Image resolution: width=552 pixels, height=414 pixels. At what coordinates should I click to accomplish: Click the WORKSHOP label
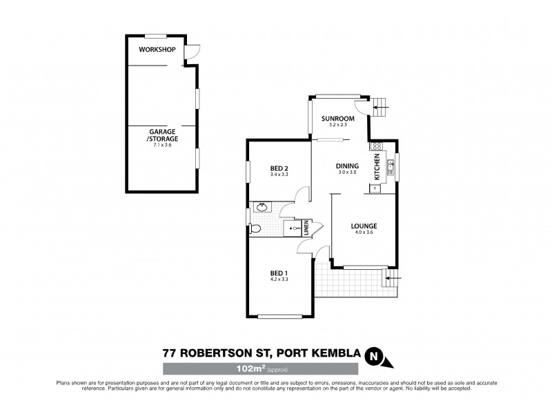155,50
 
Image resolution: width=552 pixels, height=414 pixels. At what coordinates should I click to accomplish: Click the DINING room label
347,166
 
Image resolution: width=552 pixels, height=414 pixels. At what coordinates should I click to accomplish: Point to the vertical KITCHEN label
377,167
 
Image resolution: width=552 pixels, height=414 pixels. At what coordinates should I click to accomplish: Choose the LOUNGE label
363,226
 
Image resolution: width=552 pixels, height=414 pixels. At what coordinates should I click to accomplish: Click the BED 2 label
279,168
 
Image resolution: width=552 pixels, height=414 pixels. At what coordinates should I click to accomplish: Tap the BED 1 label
279,273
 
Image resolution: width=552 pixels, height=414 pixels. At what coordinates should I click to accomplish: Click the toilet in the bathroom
255,229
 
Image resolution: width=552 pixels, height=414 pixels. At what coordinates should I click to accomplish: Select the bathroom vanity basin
262,206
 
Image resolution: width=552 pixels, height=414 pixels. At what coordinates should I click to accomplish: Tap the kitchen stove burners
377,146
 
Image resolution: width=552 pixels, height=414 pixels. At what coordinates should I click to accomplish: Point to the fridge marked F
375,188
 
